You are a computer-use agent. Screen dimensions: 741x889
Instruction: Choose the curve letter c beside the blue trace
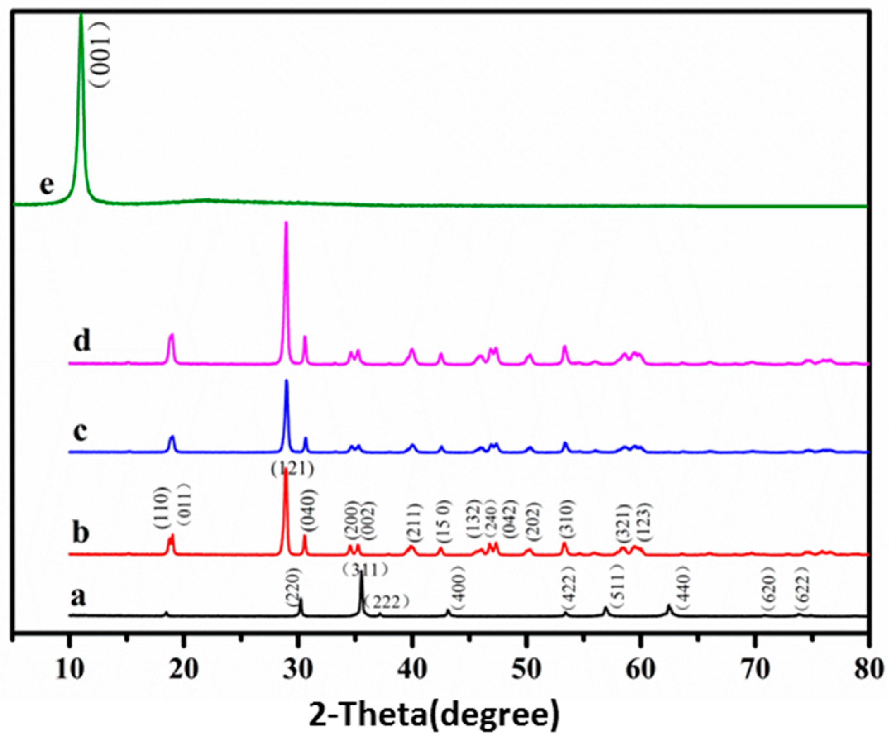80,432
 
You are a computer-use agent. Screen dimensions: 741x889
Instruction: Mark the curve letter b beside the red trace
81,533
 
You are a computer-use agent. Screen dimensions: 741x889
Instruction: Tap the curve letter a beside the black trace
78,597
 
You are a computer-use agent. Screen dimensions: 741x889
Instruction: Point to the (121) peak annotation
292,469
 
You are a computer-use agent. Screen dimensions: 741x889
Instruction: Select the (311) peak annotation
365,570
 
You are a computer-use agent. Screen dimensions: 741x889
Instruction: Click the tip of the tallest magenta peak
286,223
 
